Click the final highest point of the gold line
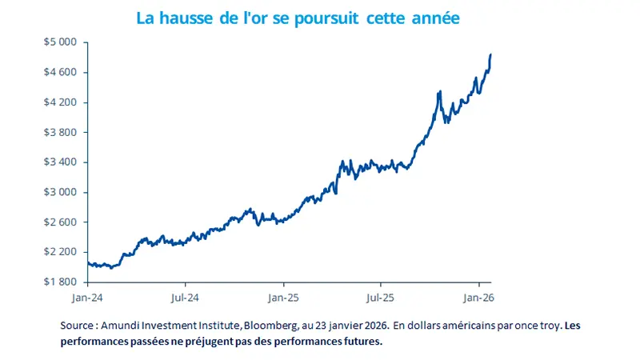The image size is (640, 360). (490, 54)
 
